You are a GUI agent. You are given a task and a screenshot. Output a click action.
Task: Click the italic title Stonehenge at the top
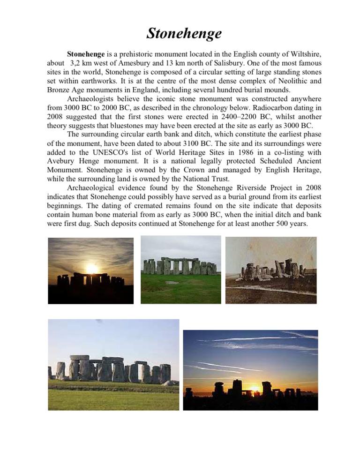pos(180,34)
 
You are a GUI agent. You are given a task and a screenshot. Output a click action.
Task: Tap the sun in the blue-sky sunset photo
pos(255,389)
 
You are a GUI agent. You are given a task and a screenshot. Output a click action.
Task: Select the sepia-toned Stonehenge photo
pos(271,269)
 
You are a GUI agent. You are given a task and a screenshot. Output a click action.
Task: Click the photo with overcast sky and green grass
pos(180,269)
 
